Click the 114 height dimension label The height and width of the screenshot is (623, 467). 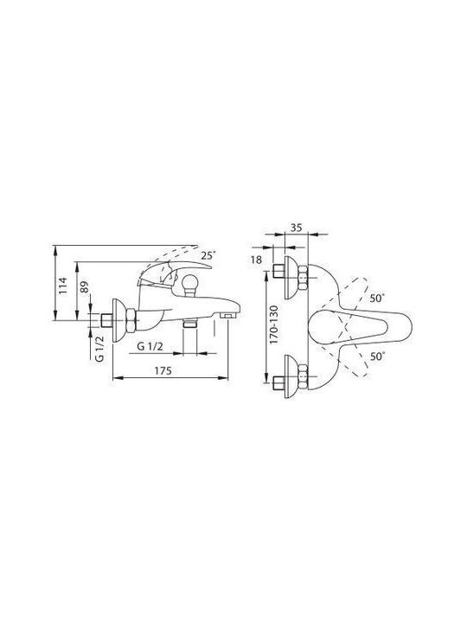63,286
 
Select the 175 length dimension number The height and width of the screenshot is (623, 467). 163,370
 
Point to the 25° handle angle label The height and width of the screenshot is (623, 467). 208,255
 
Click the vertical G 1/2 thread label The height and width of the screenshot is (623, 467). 100,348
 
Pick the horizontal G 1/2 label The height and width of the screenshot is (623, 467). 150,346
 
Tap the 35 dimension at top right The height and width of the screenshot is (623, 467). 297,228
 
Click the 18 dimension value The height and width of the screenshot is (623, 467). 257,260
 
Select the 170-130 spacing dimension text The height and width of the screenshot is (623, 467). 274,324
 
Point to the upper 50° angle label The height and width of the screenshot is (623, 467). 378,298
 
